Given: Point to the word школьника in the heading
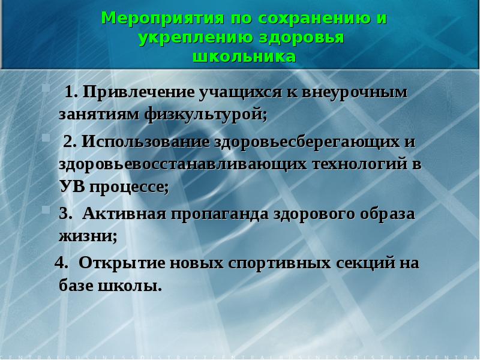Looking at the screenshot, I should click(x=244, y=57).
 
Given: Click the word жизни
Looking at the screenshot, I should click(x=88, y=236).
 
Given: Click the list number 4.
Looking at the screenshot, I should click(x=59, y=264).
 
